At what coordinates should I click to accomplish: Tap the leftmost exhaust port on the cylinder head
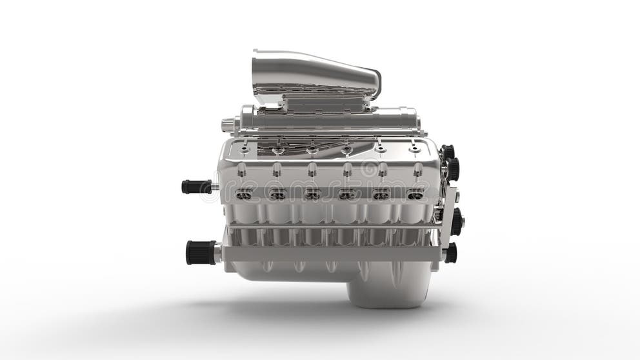pyautogui.click(x=243, y=195)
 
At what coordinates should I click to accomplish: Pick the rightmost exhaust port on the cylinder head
pyautogui.click(x=415, y=195)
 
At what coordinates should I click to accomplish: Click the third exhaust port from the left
pyautogui.click(x=312, y=195)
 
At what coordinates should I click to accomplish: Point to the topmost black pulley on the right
pyautogui.click(x=448, y=152)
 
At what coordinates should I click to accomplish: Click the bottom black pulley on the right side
pyautogui.click(x=450, y=253)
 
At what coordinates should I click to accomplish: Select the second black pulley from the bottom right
pyautogui.click(x=456, y=221)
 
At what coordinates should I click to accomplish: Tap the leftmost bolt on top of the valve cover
pyautogui.click(x=244, y=150)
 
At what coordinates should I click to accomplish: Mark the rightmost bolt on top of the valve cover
pyautogui.click(x=415, y=150)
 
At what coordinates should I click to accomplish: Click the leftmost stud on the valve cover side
pyautogui.click(x=241, y=170)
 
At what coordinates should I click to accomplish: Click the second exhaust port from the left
pyautogui.click(x=277, y=195)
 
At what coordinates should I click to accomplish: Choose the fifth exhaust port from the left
pyautogui.click(x=381, y=195)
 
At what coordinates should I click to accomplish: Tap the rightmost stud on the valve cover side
pyautogui.click(x=418, y=170)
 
